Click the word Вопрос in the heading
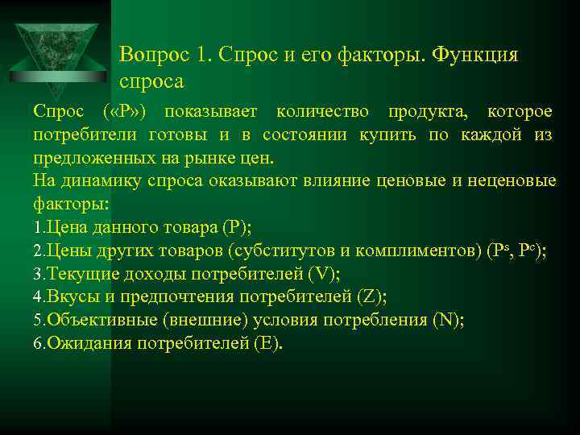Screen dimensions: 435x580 pos(152,55)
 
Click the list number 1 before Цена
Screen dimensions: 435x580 pos(38,228)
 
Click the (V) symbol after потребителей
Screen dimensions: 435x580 pos(324,274)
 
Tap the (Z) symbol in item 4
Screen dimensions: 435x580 pos(371,297)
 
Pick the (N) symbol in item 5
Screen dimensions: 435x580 pos(448,321)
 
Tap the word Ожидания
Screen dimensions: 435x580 pos(83,344)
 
